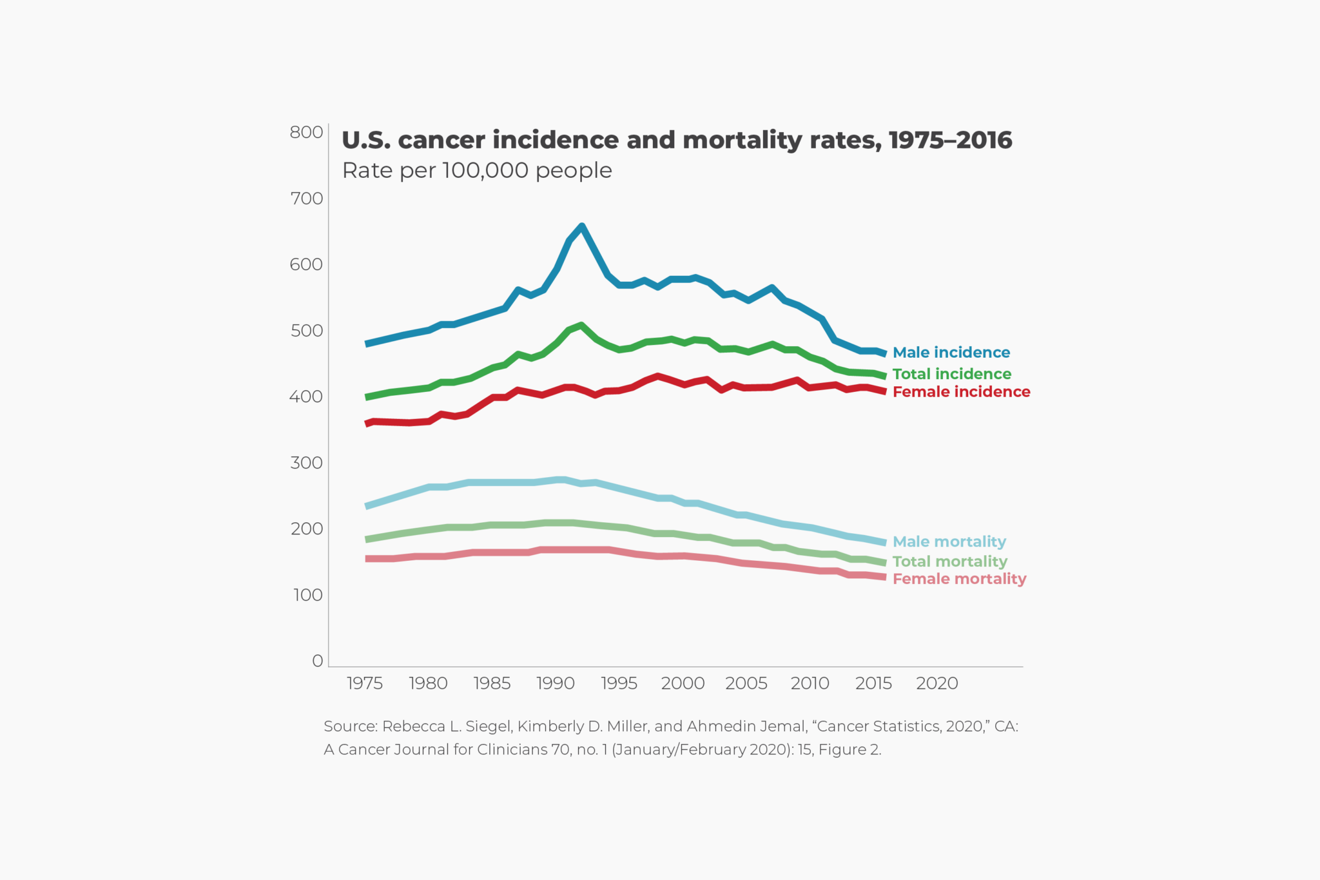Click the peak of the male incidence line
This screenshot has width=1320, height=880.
(582, 226)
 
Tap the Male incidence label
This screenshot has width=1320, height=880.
(951, 353)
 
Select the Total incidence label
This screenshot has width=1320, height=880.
(951, 374)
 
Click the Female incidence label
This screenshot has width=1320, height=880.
(961, 392)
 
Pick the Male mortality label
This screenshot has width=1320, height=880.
(949, 542)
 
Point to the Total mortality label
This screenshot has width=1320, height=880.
(949, 562)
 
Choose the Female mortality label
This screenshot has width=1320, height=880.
(959, 579)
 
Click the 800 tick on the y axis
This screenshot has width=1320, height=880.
(306, 132)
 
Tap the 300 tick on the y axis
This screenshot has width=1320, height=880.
(306, 463)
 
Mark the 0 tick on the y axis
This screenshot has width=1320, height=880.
(317, 661)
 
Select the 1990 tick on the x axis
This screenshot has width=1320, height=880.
(556, 683)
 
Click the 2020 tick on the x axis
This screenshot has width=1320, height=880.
(937, 683)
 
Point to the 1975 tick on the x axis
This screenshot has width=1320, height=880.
(365, 683)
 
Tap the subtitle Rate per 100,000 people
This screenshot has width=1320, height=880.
(477, 171)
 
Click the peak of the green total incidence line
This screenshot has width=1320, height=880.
(581, 325)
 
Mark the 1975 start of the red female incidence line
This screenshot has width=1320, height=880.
(367, 424)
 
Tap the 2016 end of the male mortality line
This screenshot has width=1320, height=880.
(885, 543)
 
